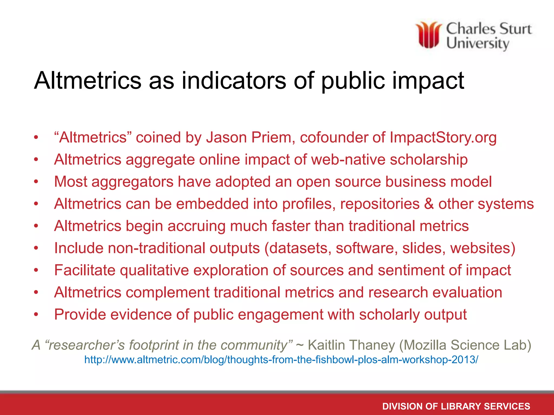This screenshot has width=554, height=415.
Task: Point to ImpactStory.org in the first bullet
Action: click(x=443, y=138)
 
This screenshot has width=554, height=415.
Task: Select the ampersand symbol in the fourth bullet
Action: click(x=429, y=204)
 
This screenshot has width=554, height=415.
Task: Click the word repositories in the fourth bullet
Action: click(x=380, y=204)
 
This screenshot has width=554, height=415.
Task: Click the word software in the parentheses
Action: click(x=367, y=248)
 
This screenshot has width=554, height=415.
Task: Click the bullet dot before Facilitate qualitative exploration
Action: click(x=36, y=270)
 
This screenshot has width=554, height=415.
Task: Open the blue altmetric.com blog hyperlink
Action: click(x=281, y=360)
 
